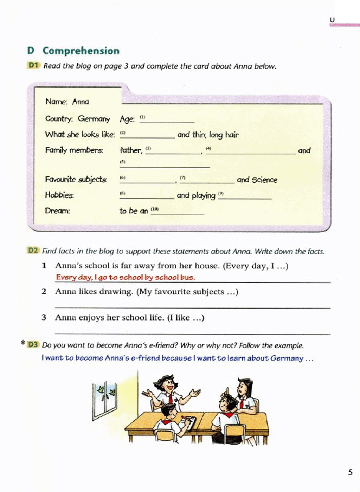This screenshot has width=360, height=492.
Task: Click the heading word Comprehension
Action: (81, 51)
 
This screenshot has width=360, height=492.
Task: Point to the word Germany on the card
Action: (94, 119)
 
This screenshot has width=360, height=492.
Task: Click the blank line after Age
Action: (167, 121)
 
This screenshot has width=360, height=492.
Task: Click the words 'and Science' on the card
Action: (257, 180)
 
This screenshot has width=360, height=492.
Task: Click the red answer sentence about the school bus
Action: (125, 277)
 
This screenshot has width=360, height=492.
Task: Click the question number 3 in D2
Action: (44, 317)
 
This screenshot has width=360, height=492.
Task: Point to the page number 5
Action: (350, 472)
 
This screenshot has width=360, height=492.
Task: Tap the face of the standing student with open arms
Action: (168, 385)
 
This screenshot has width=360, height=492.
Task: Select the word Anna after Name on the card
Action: (81, 102)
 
